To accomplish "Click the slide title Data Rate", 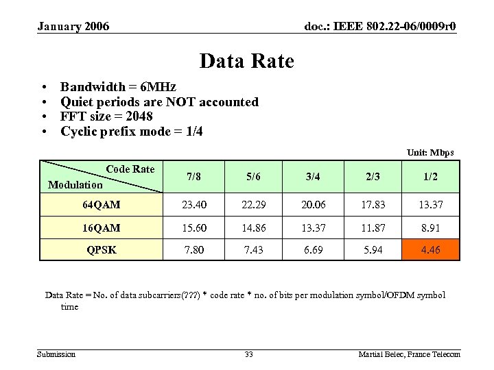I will click(x=246, y=62).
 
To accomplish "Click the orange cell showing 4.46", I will click(x=431, y=250).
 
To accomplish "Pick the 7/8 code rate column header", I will click(x=193, y=176).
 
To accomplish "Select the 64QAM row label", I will click(x=101, y=205).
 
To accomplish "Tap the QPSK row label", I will click(x=101, y=250).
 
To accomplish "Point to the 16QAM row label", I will click(x=101, y=227).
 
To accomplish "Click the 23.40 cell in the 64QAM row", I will click(x=193, y=205).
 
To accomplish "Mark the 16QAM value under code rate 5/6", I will click(x=253, y=227).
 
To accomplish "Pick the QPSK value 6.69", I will click(x=313, y=250).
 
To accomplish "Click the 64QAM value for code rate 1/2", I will click(x=431, y=205).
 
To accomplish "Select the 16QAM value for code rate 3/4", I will click(x=313, y=227).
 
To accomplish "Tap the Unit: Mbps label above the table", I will click(x=430, y=152).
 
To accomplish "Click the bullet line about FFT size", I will click(x=106, y=116).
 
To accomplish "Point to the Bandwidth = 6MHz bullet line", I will click(x=118, y=87).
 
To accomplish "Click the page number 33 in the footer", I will click(x=248, y=354).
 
